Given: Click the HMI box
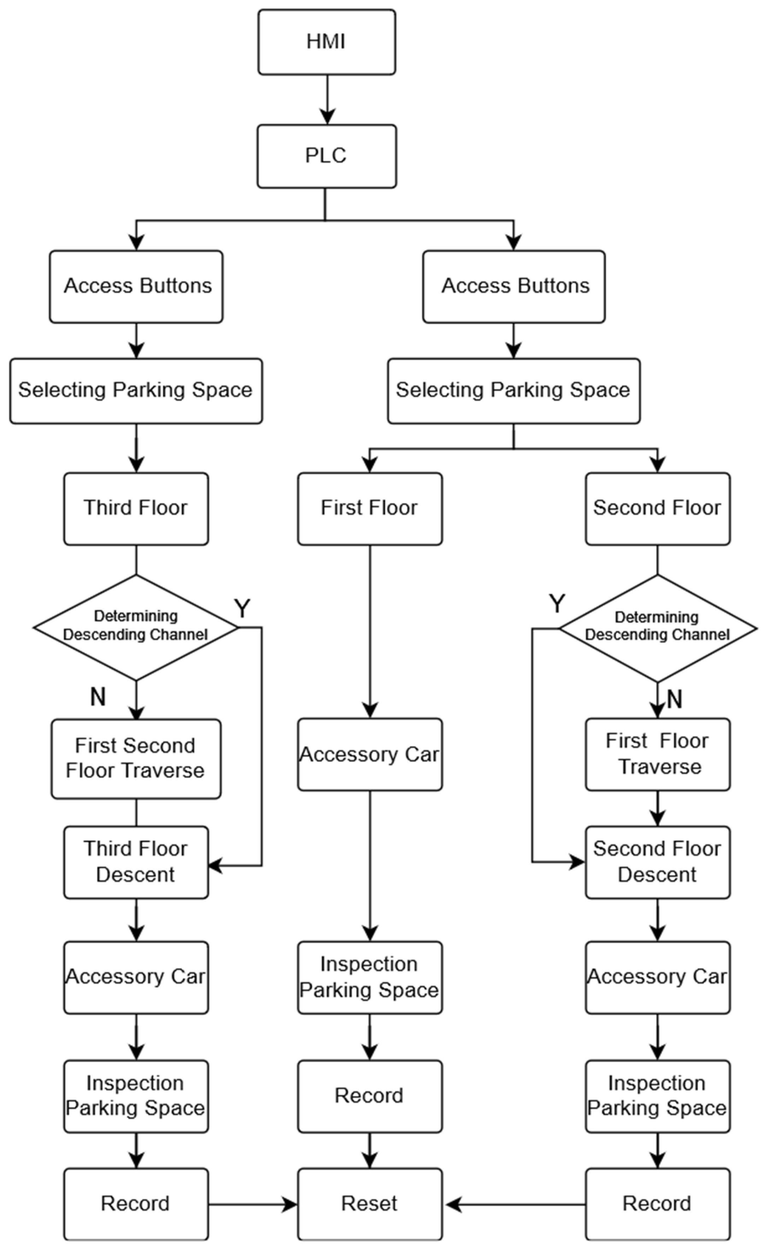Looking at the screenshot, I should tap(326, 42).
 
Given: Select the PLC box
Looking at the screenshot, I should tap(326, 156).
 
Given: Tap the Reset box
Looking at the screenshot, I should tap(370, 1204).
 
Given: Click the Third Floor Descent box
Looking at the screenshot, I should tap(136, 862).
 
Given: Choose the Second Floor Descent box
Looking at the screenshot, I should tap(657, 862).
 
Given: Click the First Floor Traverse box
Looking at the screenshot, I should tap(657, 754).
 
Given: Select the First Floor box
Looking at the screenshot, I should tap(370, 509).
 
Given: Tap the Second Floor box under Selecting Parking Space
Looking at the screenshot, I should tap(657, 509).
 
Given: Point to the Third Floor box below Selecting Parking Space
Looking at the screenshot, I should tap(136, 509).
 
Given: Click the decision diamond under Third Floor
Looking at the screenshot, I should tap(136, 627).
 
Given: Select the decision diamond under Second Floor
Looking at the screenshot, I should tap(657, 628).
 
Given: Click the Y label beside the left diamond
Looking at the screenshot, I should tap(242, 608).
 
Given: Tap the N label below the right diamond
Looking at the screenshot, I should tap(675, 699).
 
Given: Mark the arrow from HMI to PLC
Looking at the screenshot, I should tap(327, 100).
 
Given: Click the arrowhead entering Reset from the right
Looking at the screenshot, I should tap(453, 1205).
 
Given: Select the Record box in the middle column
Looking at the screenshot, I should tap(370, 1096).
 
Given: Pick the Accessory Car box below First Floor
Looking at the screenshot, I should tap(370, 754).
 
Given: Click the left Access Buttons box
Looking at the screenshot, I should tap(136, 286).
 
